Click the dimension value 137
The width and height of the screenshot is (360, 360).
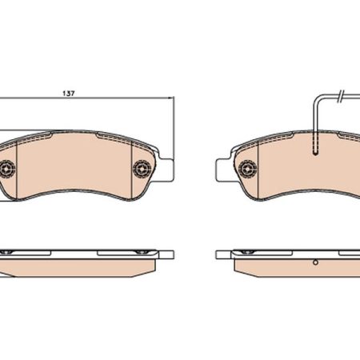coord(69,94)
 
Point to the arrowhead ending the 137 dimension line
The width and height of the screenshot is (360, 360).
coord(170,98)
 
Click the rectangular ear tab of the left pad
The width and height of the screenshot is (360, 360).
coord(166,170)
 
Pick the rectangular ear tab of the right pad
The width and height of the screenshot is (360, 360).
coord(223,170)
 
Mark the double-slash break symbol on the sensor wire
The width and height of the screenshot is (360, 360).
coord(341,96)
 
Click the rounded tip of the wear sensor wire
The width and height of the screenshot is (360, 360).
coord(316,153)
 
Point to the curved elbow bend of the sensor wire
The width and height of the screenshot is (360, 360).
coord(318,98)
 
